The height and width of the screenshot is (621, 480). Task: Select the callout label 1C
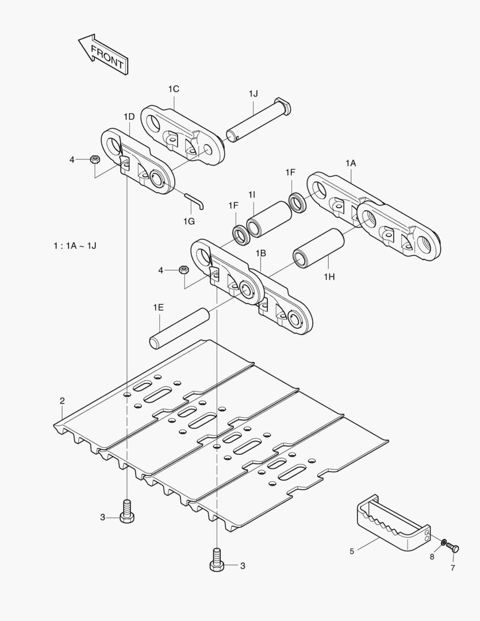pyautogui.click(x=174, y=89)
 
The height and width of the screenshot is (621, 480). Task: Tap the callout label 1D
pyautogui.click(x=129, y=117)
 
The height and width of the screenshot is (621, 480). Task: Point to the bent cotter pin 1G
pyautogui.click(x=195, y=201)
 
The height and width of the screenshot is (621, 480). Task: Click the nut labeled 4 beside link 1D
pyautogui.click(x=95, y=160)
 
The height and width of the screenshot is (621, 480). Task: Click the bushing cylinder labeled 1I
pyautogui.click(x=269, y=219)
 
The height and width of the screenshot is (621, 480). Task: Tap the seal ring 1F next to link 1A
pyautogui.click(x=297, y=202)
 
